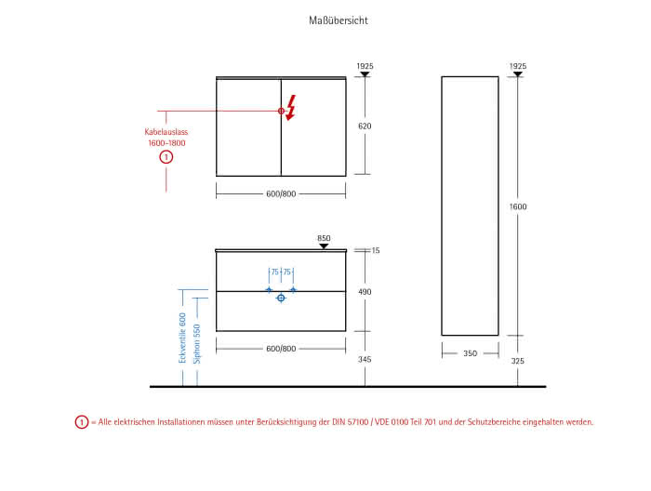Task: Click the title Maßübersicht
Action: [339, 20]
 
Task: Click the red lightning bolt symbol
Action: [291, 108]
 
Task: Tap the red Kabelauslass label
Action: [166, 132]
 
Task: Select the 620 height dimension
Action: [365, 126]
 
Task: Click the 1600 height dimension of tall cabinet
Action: [518, 206]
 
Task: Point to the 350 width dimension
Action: [470, 353]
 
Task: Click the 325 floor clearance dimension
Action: [517, 361]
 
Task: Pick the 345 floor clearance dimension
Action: [365, 360]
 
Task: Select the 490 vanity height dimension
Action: [365, 292]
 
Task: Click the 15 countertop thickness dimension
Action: [376, 250]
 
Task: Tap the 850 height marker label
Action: [324, 238]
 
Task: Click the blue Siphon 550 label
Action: [197, 344]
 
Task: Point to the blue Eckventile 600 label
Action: [182, 338]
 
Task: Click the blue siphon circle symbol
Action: [281, 298]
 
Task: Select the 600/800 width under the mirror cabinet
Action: [281, 193]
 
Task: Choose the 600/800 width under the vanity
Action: [281, 349]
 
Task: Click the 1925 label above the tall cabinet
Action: [518, 66]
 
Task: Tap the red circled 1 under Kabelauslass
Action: [166, 157]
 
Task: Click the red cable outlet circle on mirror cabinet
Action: [281, 111]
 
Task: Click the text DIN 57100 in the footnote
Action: [350, 422]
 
